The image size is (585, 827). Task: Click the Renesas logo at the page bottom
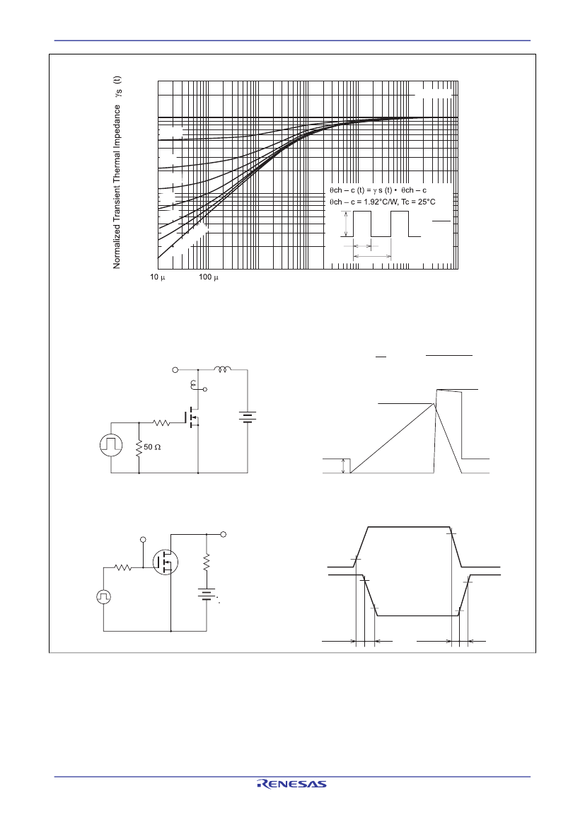[x=291, y=785]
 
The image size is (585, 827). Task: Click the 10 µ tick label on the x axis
[x=157, y=277]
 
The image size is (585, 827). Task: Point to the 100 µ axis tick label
[x=209, y=277]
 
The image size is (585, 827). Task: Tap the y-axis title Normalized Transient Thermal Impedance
[x=117, y=186]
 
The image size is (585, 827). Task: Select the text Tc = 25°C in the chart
[x=418, y=202]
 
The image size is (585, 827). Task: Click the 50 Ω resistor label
[x=152, y=446]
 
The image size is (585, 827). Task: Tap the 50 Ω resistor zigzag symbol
[x=139, y=449]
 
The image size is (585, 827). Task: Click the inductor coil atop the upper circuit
[x=223, y=369]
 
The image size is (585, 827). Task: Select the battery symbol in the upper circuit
[x=248, y=417]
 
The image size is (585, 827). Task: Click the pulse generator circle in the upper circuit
[x=111, y=446]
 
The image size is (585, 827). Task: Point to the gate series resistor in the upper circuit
[x=161, y=422]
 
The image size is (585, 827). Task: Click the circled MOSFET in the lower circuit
[x=165, y=562]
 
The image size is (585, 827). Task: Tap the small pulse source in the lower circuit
[x=103, y=596]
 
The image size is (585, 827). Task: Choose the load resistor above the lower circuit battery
[x=207, y=561]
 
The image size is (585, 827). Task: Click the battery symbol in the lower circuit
[x=207, y=595]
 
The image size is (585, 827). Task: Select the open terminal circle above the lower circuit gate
[x=143, y=540]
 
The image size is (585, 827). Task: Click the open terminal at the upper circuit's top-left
[x=175, y=370]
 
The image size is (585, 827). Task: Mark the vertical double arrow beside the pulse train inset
[x=345, y=224]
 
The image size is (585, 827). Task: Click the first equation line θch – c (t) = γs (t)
[x=378, y=190]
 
